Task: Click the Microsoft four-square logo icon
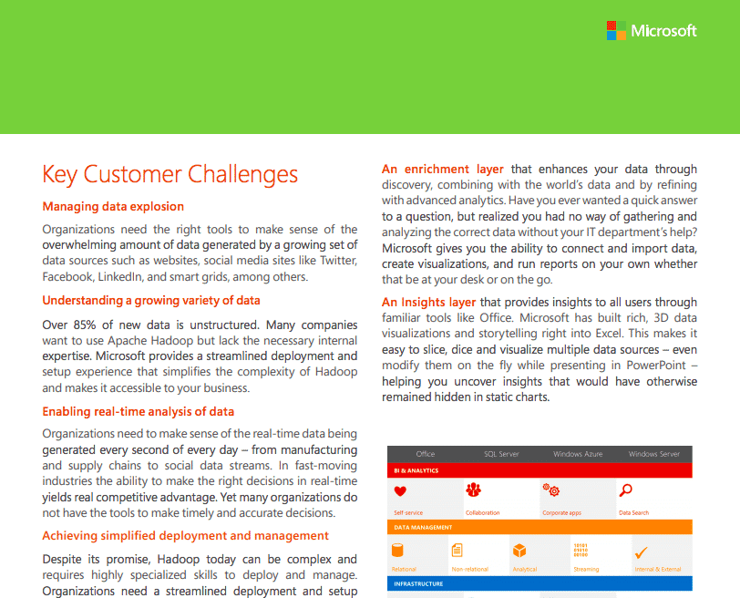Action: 616,30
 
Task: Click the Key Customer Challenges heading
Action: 170,174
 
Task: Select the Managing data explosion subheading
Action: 113,206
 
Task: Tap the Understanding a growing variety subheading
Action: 151,300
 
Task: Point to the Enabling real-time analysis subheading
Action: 139,412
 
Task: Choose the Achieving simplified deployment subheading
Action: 185,535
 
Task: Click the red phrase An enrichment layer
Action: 442,170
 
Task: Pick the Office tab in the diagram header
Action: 426,454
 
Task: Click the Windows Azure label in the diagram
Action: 578,454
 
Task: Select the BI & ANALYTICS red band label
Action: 416,471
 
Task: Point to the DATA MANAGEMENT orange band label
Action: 424,528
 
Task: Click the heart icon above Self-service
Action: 399,491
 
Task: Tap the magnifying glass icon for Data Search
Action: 625,490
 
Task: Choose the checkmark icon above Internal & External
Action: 641,552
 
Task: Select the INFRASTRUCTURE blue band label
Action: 419,583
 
